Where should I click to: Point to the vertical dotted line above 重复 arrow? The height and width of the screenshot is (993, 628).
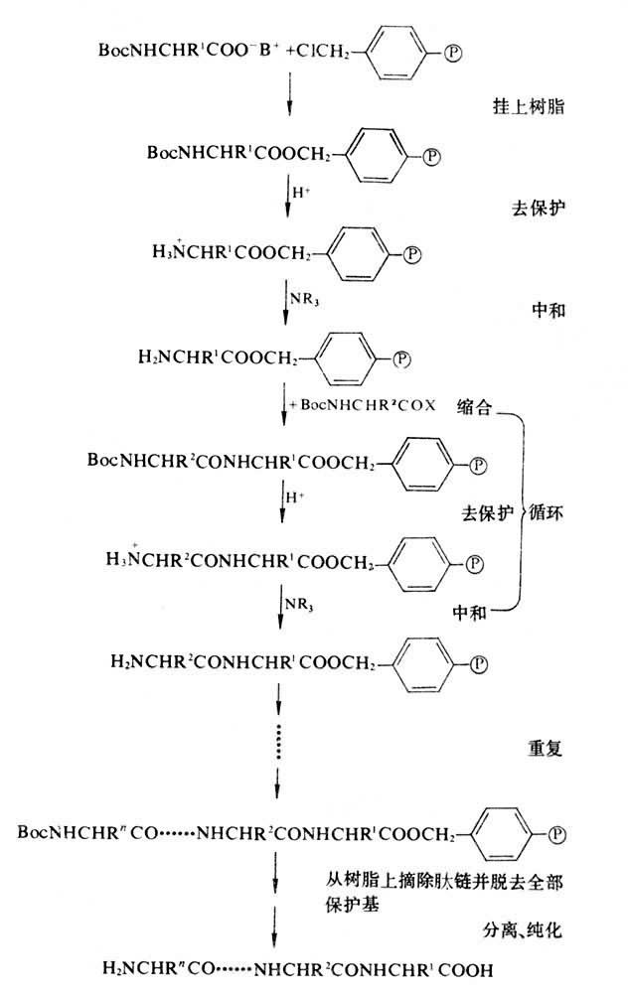(x=280, y=739)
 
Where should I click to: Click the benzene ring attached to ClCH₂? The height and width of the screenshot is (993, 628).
(x=403, y=49)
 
